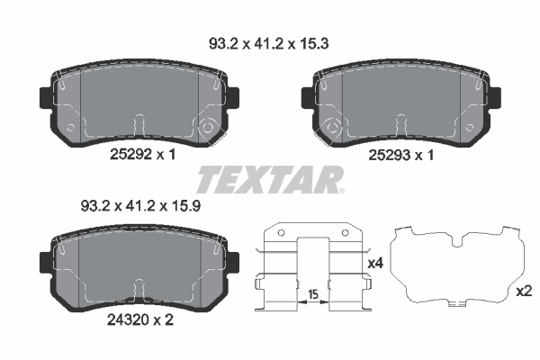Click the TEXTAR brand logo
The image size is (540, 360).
(270, 179)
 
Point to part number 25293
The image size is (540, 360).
(389, 156)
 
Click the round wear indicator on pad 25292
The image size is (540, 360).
(209, 127)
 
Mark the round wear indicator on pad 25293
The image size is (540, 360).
(332, 127)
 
